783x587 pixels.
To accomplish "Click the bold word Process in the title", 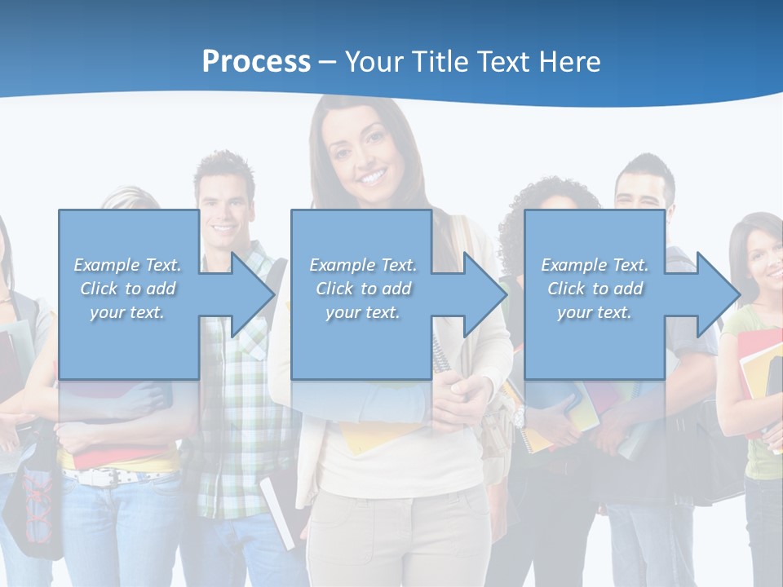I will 256,61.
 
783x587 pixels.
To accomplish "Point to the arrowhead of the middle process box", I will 484,294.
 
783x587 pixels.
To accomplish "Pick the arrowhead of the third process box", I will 716,294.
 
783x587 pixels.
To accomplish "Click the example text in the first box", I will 127,289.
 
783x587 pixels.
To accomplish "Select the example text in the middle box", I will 362,289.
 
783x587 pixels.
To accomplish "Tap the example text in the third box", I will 595,289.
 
